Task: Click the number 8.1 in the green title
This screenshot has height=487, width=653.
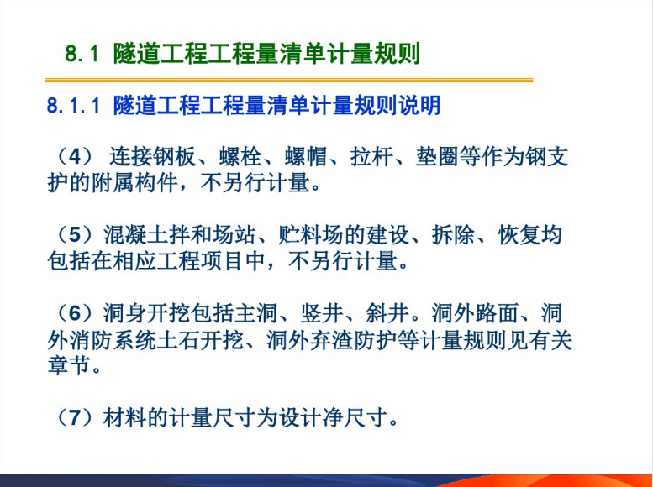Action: [x=82, y=54]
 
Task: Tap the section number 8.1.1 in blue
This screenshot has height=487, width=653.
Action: [x=73, y=105]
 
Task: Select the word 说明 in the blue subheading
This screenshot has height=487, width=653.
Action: [x=419, y=105]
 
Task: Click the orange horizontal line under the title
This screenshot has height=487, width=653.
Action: [x=289, y=80]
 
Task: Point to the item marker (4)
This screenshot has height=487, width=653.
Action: [x=74, y=156]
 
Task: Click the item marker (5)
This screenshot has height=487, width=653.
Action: [x=74, y=235]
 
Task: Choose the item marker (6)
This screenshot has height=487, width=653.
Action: [x=74, y=313]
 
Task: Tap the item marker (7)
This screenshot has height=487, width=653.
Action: [x=74, y=417]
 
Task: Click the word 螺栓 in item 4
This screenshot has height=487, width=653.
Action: [x=240, y=157]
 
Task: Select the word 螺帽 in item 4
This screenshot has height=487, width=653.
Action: [x=306, y=157]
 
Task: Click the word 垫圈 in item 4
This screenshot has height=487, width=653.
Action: [x=437, y=157]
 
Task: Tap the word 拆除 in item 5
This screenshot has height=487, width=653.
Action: [x=453, y=235]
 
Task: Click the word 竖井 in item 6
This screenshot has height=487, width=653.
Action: [x=322, y=313]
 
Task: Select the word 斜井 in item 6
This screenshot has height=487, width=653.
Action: [x=387, y=313]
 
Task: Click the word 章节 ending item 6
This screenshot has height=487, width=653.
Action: [x=69, y=365]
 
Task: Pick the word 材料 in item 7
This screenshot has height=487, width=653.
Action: [x=124, y=418]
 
